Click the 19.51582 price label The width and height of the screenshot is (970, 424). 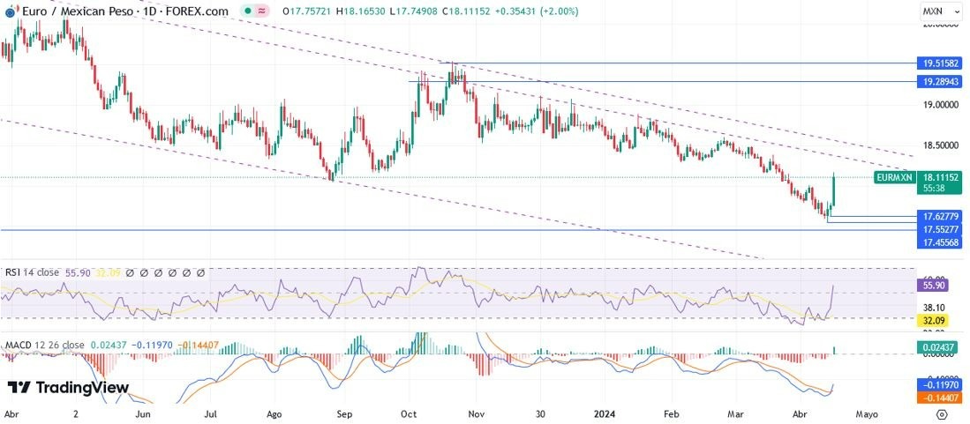939,63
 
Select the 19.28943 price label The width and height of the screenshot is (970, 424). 939,81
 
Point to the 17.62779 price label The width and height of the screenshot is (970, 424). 939,216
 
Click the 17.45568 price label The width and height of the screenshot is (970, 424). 939,242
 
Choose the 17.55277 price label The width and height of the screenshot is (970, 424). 939,229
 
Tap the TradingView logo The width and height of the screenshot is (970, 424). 69,388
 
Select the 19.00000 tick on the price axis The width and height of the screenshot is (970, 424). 939,104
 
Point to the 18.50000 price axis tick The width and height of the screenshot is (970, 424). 939,145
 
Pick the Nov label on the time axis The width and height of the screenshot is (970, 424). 477,413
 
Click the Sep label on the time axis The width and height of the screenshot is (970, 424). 344,413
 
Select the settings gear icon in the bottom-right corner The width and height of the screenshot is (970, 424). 943,413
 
